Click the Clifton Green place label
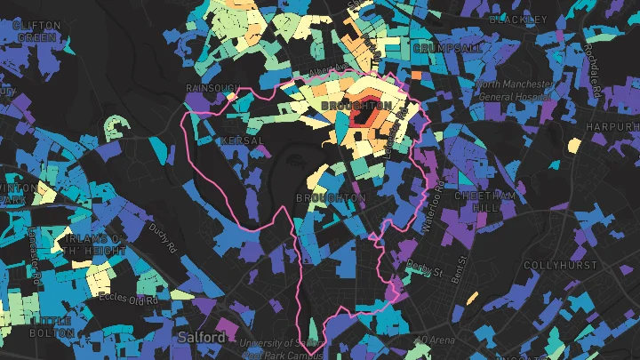point(36,32)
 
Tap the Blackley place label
point(517,19)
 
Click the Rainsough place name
point(212,88)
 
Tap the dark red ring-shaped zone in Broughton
point(363,116)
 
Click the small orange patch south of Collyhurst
point(471,299)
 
